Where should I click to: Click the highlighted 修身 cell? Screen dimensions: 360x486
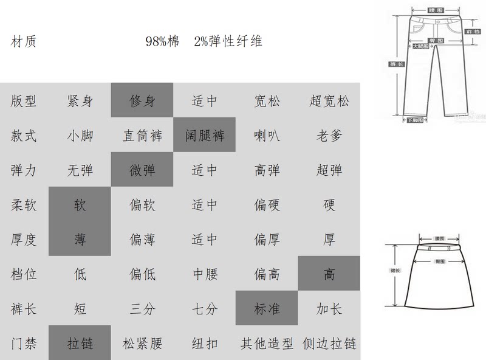(142, 100)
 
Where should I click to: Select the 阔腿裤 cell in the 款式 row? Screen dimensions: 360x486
(205, 135)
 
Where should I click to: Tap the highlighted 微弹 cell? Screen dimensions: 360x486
(142, 170)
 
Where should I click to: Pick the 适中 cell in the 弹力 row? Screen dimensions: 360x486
(205, 170)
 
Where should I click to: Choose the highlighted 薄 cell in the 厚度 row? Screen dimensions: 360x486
(80, 239)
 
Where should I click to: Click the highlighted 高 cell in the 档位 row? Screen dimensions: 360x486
(329, 274)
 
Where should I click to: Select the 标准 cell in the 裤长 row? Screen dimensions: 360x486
(267, 308)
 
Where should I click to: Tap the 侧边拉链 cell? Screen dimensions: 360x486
(329, 343)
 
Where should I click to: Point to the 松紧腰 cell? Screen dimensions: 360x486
(142, 343)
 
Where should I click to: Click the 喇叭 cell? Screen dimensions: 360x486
(267, 135)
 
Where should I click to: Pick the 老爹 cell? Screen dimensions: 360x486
(329, 135)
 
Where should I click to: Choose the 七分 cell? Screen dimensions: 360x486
(205, 308)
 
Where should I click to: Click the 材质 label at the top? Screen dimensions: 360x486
(24, 42)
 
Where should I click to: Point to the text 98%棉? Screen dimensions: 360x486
(162, 42)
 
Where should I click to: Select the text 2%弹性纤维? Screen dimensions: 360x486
(228, 42)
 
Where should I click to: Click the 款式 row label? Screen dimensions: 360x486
(24, 135)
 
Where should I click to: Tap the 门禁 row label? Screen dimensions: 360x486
(24, 343)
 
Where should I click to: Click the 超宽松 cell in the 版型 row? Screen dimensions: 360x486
(329, 100)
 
